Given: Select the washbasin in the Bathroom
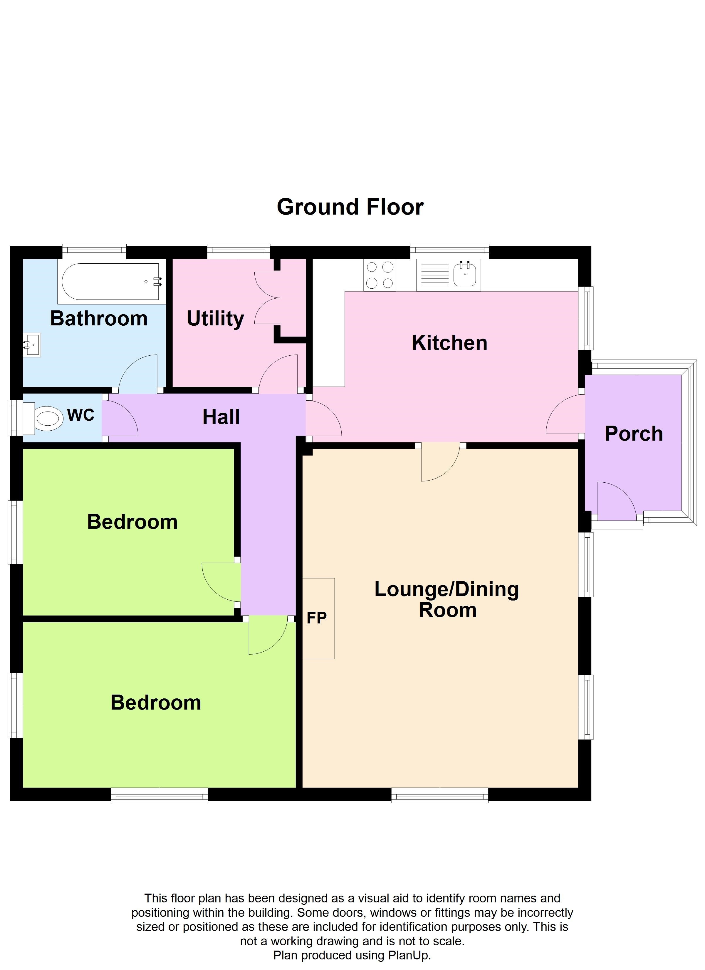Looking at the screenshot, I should point(32,345).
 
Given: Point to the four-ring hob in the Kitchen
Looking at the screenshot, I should point(380,275).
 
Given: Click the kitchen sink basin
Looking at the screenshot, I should point(465,274).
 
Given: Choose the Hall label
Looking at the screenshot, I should point(221,417).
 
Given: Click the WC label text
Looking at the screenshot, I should point(80,415).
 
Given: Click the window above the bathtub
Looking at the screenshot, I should point(94,251).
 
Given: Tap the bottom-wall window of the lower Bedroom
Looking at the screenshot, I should point(159,795).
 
